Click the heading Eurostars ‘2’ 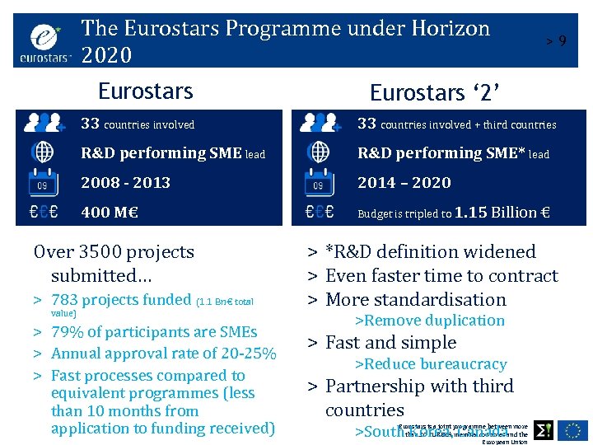(436, 91)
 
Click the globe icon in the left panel (42, 152)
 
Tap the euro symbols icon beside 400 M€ (42, 212)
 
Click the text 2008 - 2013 (125, 182)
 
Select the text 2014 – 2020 (404, 182)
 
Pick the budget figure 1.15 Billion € (502, 212)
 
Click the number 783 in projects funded (65, 300)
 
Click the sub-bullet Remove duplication (429, 321)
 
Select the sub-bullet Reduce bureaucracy (430, 364)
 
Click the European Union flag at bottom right (572, 429)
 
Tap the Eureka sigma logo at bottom (544, 429)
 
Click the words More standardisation (416, 299)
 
